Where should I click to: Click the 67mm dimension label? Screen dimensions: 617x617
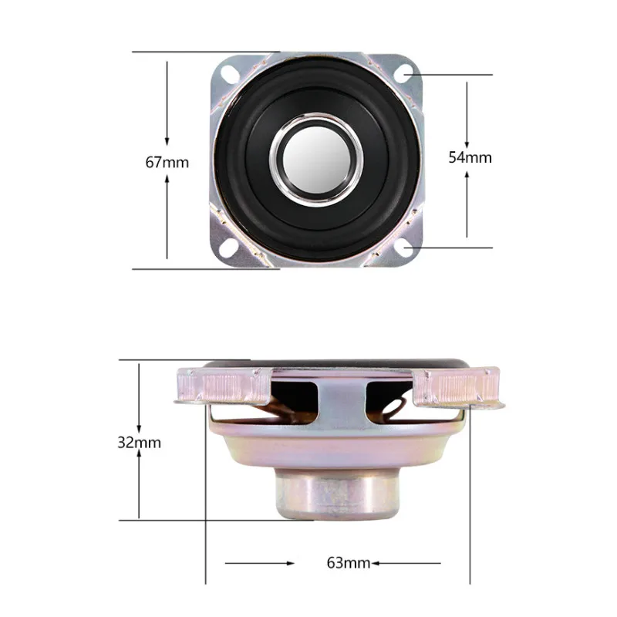[x=167, y=162]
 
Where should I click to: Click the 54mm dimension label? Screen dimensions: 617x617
[x=470, y=157]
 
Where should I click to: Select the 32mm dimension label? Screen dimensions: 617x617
[x=140, y=443]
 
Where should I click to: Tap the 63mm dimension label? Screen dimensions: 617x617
[x=349, y=563]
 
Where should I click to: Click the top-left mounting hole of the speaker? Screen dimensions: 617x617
[x=228, y=72]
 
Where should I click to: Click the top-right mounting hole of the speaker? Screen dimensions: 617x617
[x=403, y=73]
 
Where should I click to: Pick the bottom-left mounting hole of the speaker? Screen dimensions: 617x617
[x=228, y=248]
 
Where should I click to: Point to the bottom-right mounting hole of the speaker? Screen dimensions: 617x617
[x=403, y=248]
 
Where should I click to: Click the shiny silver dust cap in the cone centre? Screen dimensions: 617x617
[x=316, y=160]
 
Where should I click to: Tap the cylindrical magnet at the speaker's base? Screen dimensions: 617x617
[x=337, y=493]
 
